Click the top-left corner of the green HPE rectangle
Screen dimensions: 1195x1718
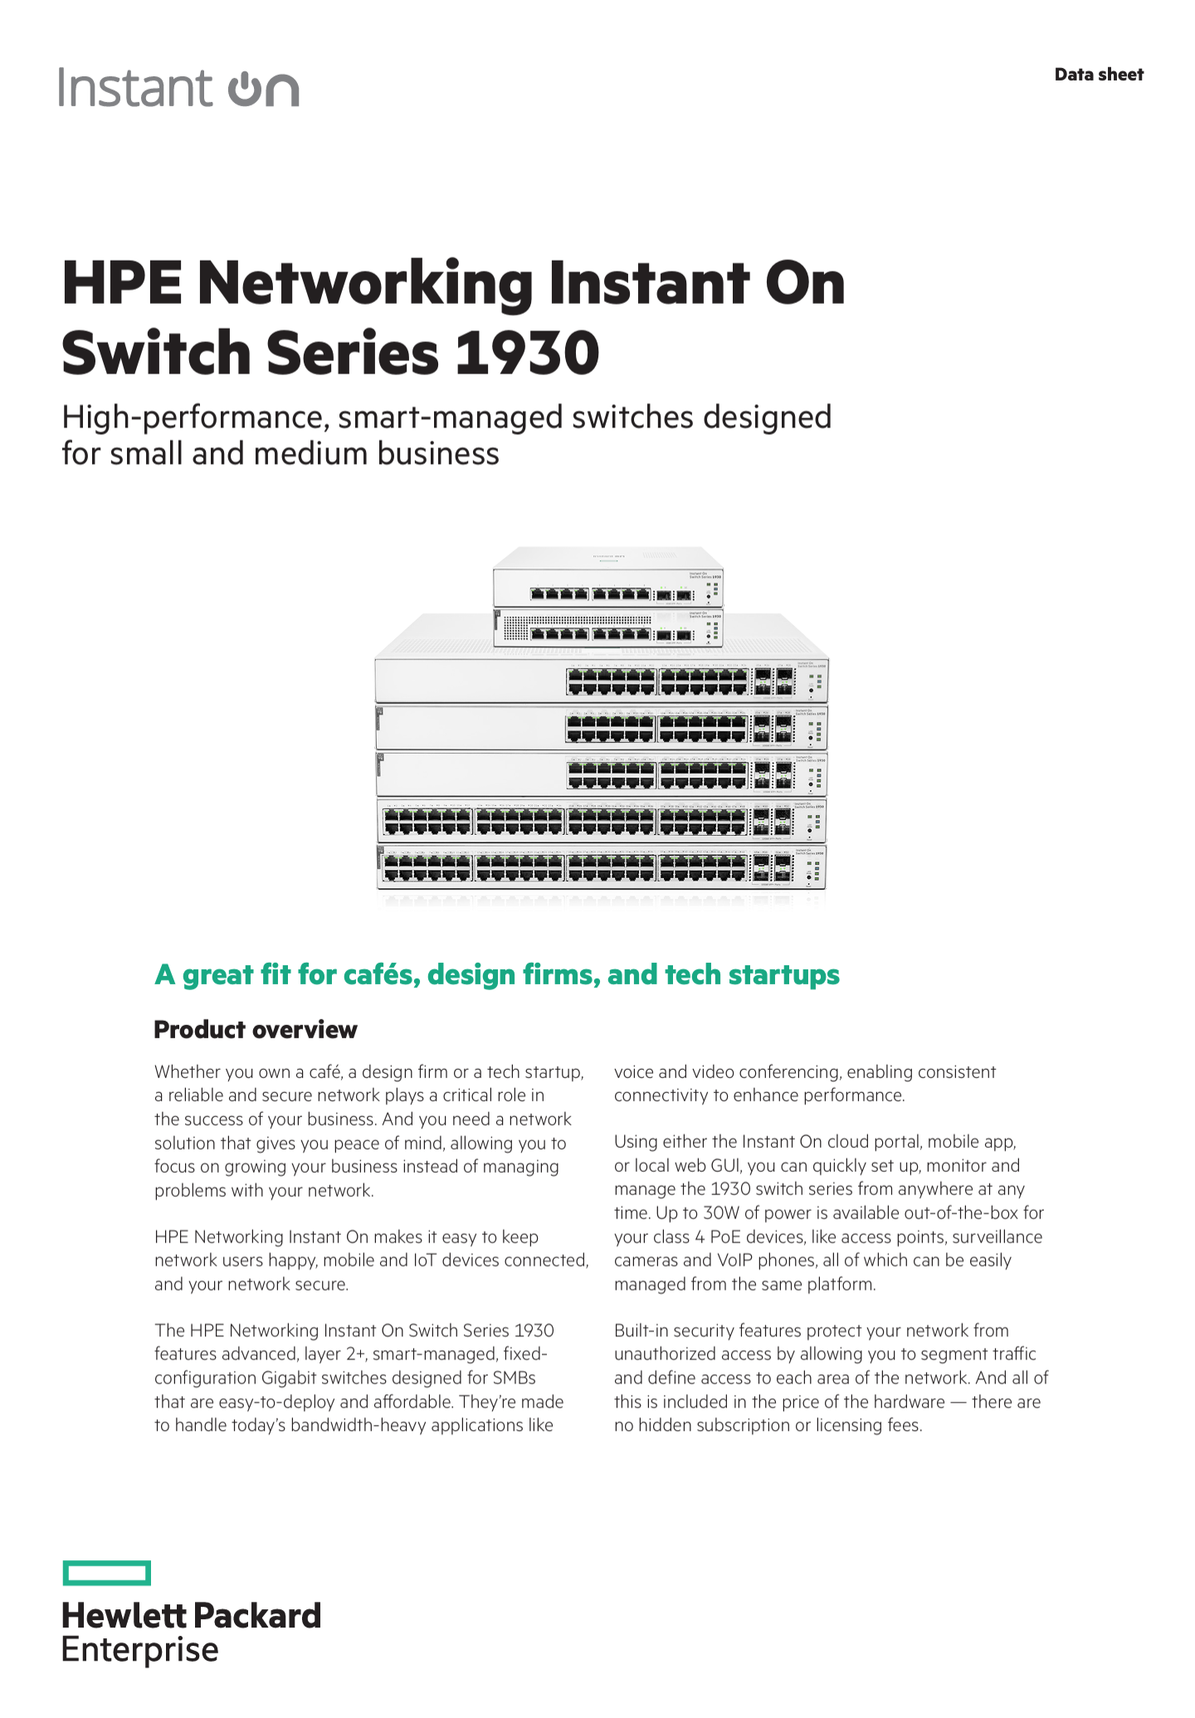point(63,1561)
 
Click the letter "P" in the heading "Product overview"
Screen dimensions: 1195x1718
point(163,1030)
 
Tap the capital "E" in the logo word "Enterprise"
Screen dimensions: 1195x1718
point(72,1649)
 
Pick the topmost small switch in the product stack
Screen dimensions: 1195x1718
point(608,578)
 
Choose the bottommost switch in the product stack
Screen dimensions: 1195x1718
point(602,867)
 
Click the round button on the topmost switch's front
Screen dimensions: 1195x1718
point(709,595)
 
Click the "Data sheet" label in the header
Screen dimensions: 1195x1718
point(1099,75)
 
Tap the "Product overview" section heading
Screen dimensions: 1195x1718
point(256,1030)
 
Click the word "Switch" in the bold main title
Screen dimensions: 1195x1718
point(157,354)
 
